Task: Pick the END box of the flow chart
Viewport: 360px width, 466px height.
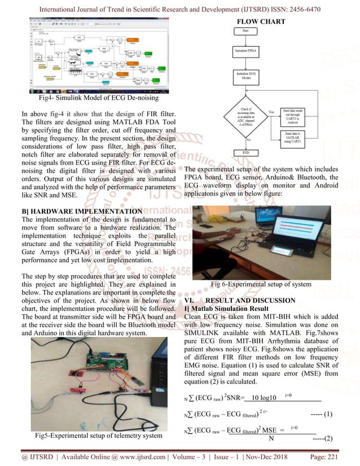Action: coord(246,152)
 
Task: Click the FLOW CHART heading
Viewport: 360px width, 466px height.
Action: coord(261,21)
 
